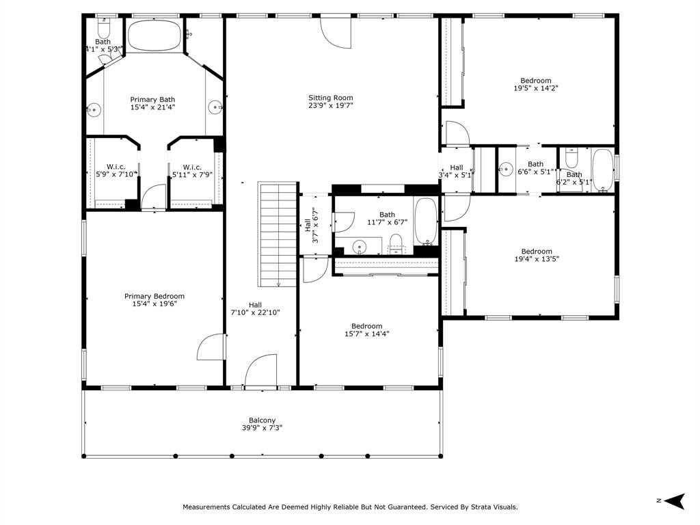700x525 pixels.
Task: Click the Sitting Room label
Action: click(x=331, y=101)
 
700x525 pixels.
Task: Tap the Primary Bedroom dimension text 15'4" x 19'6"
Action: click(x=154, y=304)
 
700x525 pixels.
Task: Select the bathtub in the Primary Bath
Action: click(x=154, y=36)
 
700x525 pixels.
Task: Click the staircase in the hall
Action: click(x=278, y=234)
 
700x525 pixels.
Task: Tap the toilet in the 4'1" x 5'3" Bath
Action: click(x=104, y=29)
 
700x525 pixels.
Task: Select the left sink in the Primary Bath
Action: click(x=94, y=109)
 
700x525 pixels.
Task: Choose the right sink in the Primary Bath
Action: click(x=215, y=107)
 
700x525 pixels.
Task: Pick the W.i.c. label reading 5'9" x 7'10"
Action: click(x=116, y=170)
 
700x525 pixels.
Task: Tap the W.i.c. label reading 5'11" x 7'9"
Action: click(x=192, y=170)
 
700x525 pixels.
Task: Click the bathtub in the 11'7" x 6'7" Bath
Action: click(x=426, y=221)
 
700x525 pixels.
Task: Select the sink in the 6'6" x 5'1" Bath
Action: click(x=506, y=170)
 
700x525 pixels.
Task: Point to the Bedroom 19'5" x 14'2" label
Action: click(x=536, y=84)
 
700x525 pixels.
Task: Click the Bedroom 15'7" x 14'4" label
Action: click(x=366, y=330)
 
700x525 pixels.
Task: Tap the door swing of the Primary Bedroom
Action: click(x=211, y=347)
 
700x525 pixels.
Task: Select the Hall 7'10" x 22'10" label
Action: click(x=255, y=308)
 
